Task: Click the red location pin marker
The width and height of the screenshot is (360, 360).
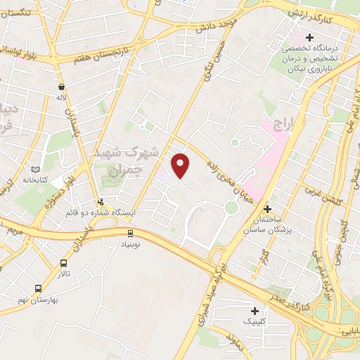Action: point(181,165)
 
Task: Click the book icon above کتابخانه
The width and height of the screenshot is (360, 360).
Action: point(36,169)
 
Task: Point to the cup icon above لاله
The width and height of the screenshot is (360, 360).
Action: point(62,87)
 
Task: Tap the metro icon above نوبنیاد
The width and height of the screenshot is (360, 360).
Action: point(130,233)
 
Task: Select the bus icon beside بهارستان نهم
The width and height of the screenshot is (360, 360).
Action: point(37,288)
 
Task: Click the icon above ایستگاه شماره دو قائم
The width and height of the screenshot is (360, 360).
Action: point(101,202)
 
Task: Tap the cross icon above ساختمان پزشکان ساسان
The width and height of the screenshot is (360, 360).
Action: point(267,209)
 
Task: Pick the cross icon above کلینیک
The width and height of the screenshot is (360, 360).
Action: point(255,310)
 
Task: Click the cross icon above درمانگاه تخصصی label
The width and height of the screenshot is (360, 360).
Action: point(309,37)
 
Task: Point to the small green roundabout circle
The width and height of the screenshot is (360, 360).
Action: point(231,207)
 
